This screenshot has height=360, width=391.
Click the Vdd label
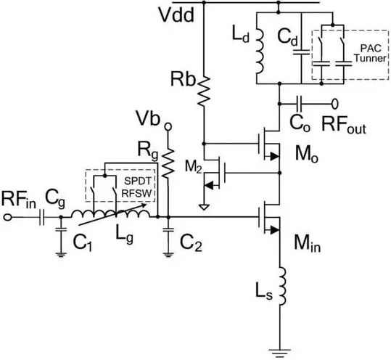click(x=176, y=15)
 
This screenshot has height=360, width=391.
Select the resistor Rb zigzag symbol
click(x=205, y=91)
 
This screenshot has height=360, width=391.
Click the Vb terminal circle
click(x=168, y=127)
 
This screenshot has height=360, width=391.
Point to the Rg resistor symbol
click(x=168, y=163)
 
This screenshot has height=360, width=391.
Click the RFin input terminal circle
click(x=7, y=217)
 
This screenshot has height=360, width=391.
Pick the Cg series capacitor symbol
click(x=41, y=217)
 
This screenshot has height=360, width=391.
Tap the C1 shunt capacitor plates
click(x=61, y=229)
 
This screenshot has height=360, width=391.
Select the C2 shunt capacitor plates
click(x=168, y=229)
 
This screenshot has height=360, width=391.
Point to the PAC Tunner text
click(x=371, y=53)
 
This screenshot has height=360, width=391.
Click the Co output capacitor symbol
click(x=299, y=104)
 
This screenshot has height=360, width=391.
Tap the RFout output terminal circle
click(x=335, y=104)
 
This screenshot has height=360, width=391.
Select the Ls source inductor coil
click(x=282, y=286)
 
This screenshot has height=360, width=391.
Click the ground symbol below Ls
click(x=279, y=353)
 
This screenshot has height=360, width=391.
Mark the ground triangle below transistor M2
click(x=204, y=207)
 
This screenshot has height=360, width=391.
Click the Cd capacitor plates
click(x=302, y=52)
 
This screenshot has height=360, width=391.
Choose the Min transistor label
click(x=308, y=243)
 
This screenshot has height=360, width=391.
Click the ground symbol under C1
click(x=61, y=255)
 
